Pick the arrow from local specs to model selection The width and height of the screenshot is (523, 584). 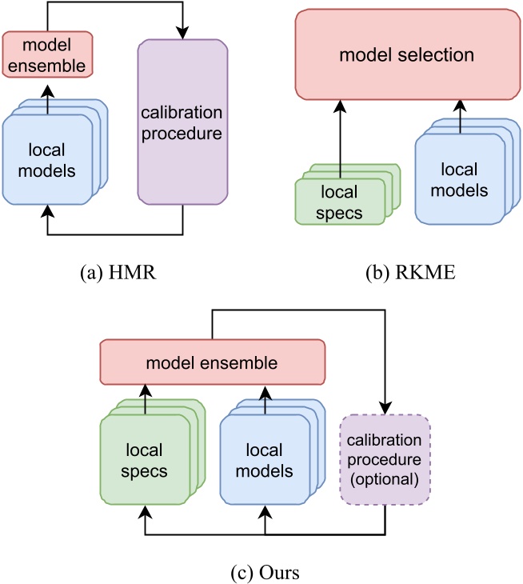340,136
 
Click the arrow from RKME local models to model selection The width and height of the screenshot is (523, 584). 461,112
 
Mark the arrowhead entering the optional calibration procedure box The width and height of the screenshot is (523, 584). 386,408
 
